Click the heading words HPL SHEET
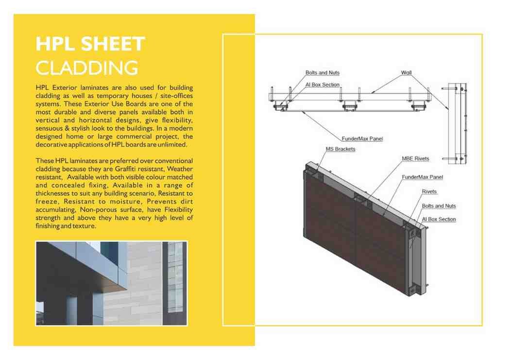click(x=90, y=44)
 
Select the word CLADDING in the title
click(x=86, y=68)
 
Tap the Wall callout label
click(x=406, y=73)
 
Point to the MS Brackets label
click(x=340, y=149)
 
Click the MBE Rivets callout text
click(x=415, y=159)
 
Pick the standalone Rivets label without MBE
click(x=429, y=192)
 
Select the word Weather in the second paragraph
click(x=180, y=169)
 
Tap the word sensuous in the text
click(x=51, y=128)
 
